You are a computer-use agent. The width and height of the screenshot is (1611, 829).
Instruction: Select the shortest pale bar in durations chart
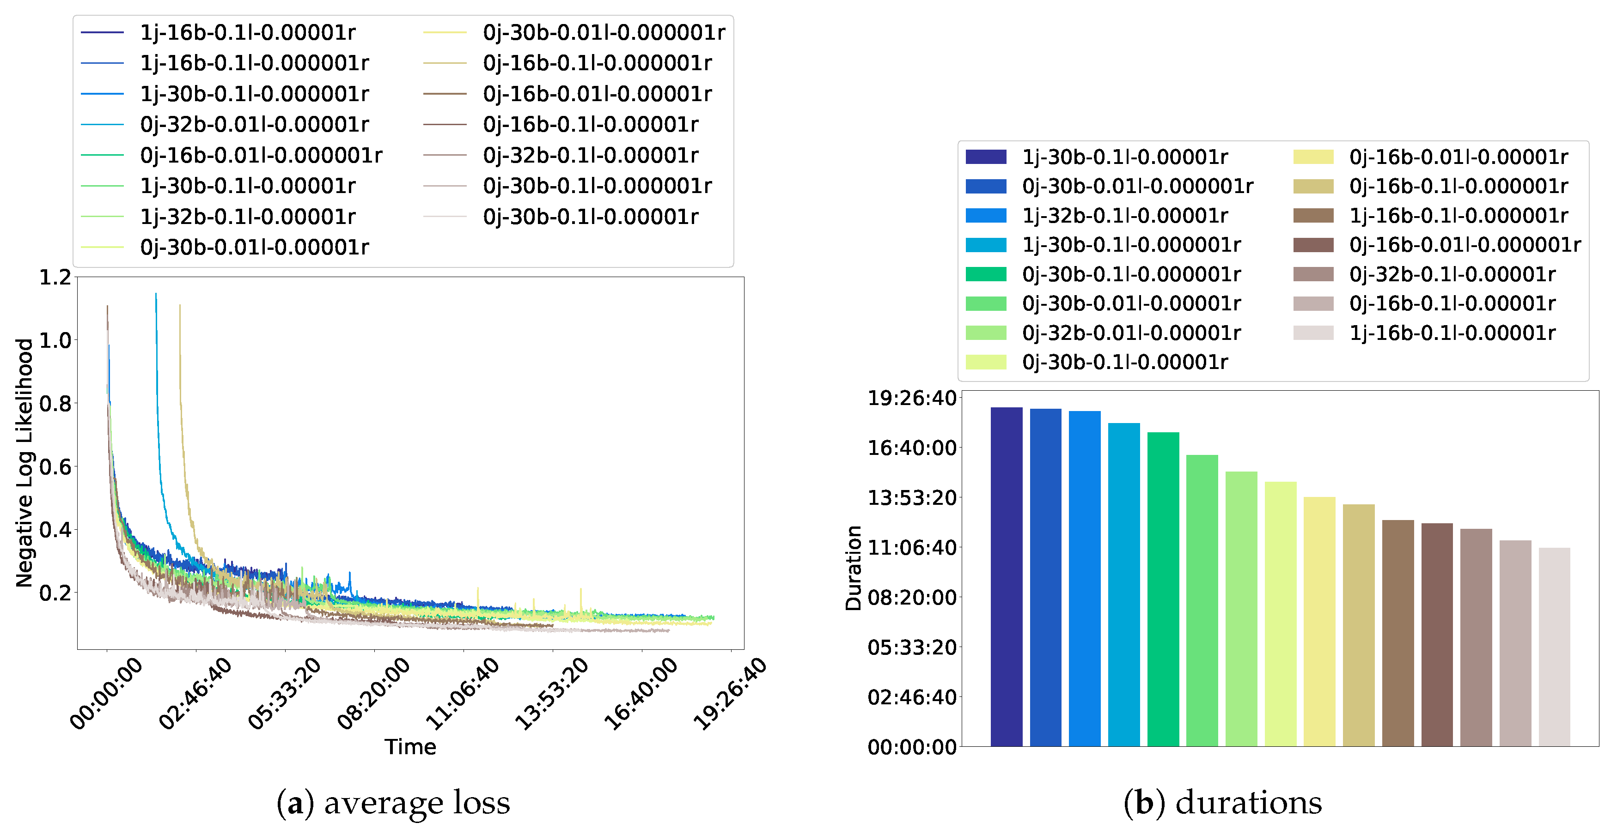pyautogui.click(x=1554, y=647)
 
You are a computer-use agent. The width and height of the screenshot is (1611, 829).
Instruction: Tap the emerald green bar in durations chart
pyautogui.click(x=1163, y=588)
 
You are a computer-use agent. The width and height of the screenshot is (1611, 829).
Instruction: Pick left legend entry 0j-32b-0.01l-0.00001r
pyautogui.click(x=254, y=124)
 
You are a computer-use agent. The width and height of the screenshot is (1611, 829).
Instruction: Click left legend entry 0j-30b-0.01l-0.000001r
pyautogui.click(x=603, y=32)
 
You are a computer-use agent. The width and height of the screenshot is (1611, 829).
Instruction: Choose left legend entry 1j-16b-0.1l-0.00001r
pyautogui.click(x=247, y=32)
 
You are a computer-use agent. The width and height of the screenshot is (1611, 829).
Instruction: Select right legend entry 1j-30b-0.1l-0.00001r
pyautogui.click(x=1124, y=157)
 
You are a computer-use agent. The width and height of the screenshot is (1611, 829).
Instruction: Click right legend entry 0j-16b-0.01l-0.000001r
pyautogui.click(x=1464, y=244)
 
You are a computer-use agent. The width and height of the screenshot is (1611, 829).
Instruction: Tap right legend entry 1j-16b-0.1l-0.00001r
pyautogui.click(x=1452, y=333)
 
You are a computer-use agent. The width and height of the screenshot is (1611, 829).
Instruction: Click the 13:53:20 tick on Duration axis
pyautogui.click(x=911, y=498)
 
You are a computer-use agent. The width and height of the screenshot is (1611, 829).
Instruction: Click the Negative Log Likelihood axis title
pyautogui.click(x=24, y=463)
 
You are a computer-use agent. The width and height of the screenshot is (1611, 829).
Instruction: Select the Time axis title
pyautogui.click(x=410, y=746)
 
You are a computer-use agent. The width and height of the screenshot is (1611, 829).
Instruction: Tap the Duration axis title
pyautogui.click(x=853, y=568)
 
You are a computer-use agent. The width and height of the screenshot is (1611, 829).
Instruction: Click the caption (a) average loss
pyautogui.click(x=393, y=803)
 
